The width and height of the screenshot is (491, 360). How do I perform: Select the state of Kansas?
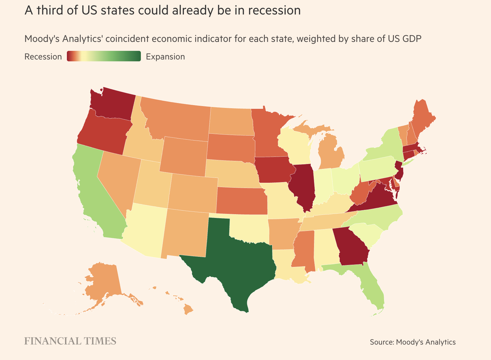coord(242,200)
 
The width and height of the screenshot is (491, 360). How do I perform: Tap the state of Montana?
coord(179,120)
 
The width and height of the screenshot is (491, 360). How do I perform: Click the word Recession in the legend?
coord(43,57)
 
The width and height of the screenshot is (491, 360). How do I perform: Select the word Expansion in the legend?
coord(165,57)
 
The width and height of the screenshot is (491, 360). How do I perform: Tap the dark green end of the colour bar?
coord(136,56)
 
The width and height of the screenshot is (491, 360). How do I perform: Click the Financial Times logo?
coord(70,341)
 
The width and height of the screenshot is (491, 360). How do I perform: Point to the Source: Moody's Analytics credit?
coord(413,342)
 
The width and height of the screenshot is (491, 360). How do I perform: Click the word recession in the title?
coord(274,10)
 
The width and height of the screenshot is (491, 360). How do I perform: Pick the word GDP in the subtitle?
coord(412,39)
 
